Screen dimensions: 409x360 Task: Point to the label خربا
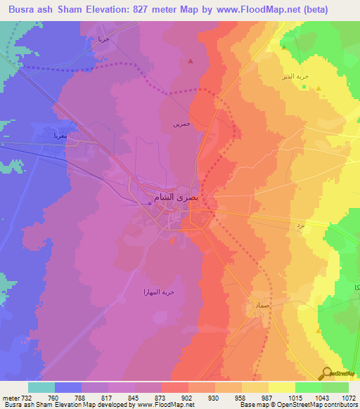coord(103,40)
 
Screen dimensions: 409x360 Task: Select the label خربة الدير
coord(308,75)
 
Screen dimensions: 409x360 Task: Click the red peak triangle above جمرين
coord(191,60)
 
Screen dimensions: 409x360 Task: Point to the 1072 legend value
coord(349,398)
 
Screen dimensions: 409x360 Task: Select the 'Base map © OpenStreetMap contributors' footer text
coord(297,405)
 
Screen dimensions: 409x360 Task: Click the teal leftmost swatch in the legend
coord(41,387)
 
